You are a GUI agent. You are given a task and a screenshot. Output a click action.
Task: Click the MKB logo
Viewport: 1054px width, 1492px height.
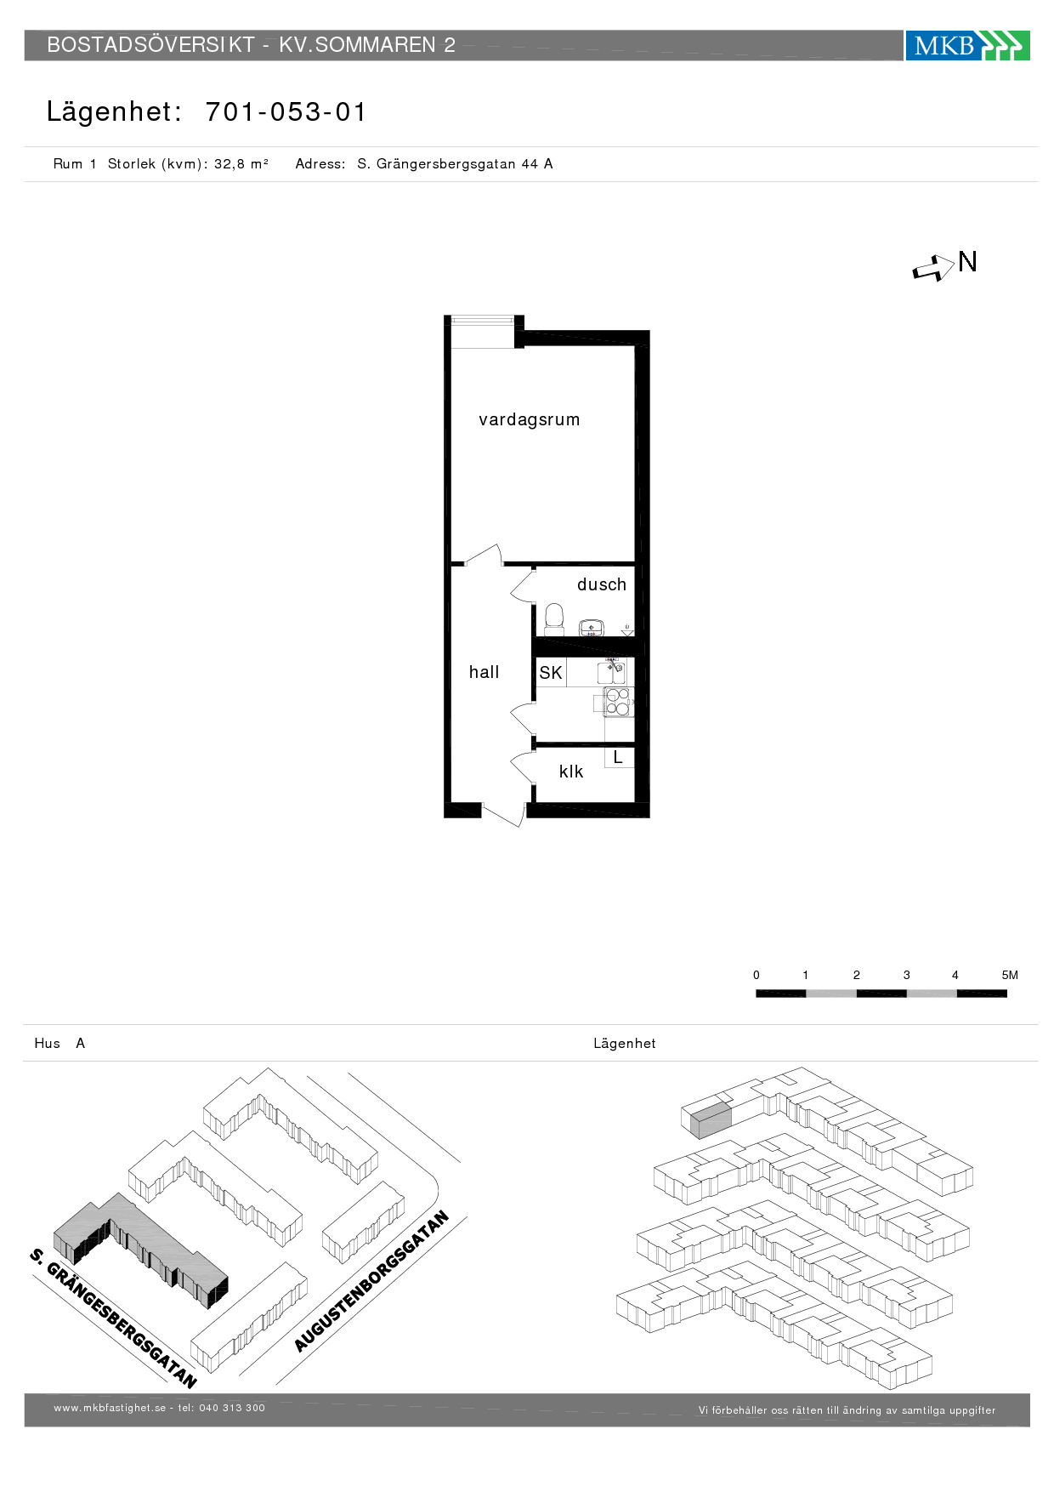pyautogui.click(x=967, y=45)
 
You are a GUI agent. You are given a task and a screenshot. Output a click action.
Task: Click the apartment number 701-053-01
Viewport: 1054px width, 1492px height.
pyautogui.click(x=286, y=111)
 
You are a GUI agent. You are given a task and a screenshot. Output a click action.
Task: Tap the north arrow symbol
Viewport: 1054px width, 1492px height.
pyautogui.click(x=933, y=269)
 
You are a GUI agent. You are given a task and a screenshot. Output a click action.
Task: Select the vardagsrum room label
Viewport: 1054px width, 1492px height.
pyautogui.click(x=529, y=419)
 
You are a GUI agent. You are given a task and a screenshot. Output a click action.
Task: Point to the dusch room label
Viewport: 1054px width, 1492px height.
pyautogui.click(x=602, y=584)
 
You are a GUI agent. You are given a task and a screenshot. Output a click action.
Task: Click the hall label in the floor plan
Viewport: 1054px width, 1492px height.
pyautogui.click(x=484, y=672)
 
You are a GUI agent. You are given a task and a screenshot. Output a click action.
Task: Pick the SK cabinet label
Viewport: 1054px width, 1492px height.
pyautogui.click(x=551, y=673)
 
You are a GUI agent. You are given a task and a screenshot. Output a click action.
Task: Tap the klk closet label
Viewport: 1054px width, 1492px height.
pyautogui.click(x=571, y=772)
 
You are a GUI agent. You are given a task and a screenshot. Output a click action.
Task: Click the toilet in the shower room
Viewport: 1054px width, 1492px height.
pyautogui.click(x=554, y=619)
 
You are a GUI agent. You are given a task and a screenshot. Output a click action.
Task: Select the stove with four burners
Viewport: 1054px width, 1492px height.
pyautogui.click(x=618, y=702)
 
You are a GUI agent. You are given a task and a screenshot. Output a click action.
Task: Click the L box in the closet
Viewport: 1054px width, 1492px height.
pyautogui.click(x=619, y=756)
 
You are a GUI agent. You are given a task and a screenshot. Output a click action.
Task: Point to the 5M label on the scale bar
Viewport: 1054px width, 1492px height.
pyautogui.click(x=1010, y=975)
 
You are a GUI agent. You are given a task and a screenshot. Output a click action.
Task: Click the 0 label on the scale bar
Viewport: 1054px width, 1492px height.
pyautogui.click(x=756, y=975)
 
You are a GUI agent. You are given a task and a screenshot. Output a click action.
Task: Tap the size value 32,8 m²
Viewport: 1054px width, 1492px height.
pyautogui.click(x=241, y=163)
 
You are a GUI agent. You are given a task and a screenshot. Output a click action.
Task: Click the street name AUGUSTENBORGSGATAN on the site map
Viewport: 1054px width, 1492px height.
pyautogui.click(x=371, y=1281)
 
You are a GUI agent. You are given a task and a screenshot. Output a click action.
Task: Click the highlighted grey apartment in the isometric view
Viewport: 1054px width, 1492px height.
pyautogui.click(x=711, y=1119)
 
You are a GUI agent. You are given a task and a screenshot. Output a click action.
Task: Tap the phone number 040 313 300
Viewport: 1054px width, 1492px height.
pyautogui.click(x=232, y=1408)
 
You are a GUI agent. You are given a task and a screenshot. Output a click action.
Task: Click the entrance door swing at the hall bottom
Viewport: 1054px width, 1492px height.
pyautogui.click(x=503, y=815)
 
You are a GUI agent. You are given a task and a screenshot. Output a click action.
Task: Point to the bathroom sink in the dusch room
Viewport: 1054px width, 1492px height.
pyautogui.click(x=591, y=629)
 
